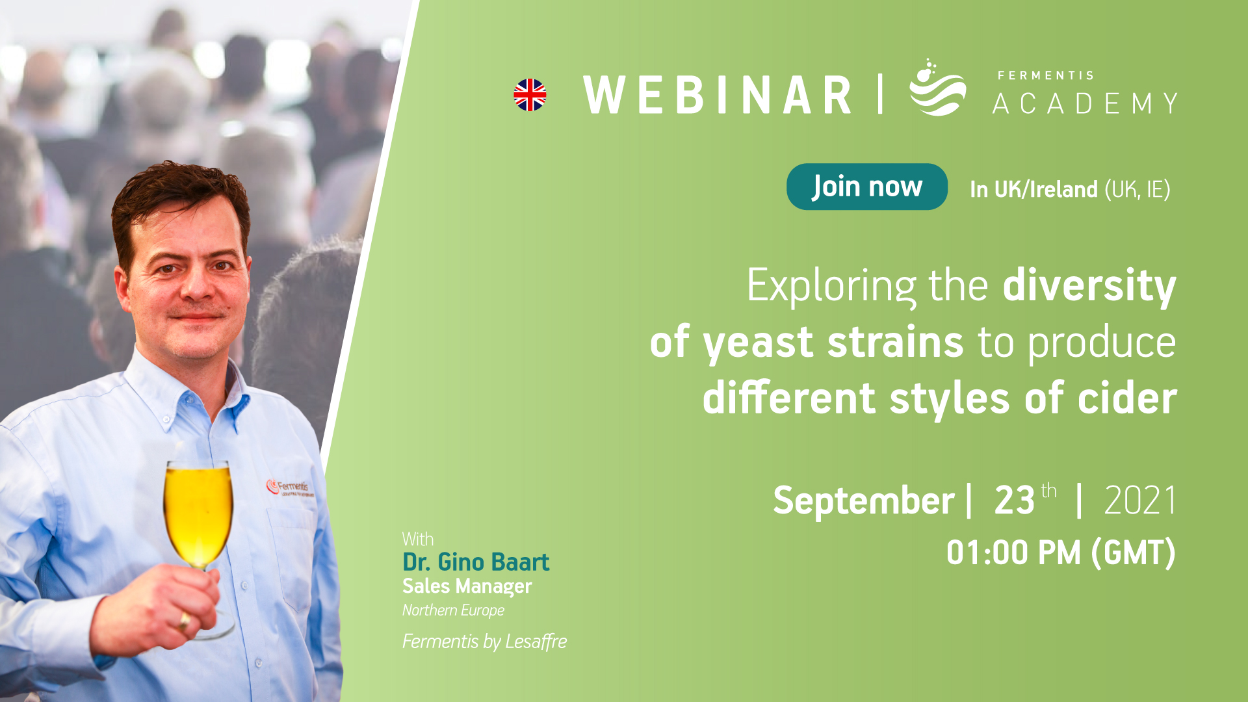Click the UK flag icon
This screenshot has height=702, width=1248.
coord(530,95)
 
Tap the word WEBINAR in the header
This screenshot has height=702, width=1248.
coord(718,95)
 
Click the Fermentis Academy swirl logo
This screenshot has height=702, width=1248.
coord(937,88)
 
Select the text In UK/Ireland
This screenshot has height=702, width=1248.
coord(1033,189)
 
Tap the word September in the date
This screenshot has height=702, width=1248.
coord(863,501)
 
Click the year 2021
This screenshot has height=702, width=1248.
coord(1140,500)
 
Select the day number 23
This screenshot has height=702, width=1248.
coord(1014,500)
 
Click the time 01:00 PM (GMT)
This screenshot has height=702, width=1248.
coord(1061,553)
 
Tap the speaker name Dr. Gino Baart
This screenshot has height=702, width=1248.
coord(476,562)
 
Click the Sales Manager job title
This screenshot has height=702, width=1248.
coord(467,586)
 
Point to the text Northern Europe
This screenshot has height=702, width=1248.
coord(453,610)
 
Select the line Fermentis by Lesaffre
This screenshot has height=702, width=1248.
coord(484,642)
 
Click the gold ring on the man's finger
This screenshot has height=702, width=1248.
coord(185,621)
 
